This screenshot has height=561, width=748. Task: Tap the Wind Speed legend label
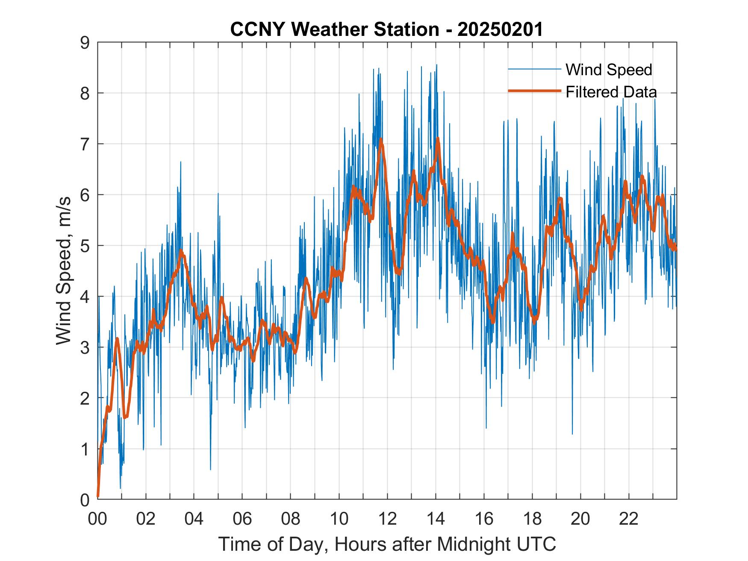point(609,70)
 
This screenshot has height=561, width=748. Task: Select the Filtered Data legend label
point(611,92)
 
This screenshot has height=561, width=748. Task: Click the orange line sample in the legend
point(534,91)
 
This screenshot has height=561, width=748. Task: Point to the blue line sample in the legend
point(534,69)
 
